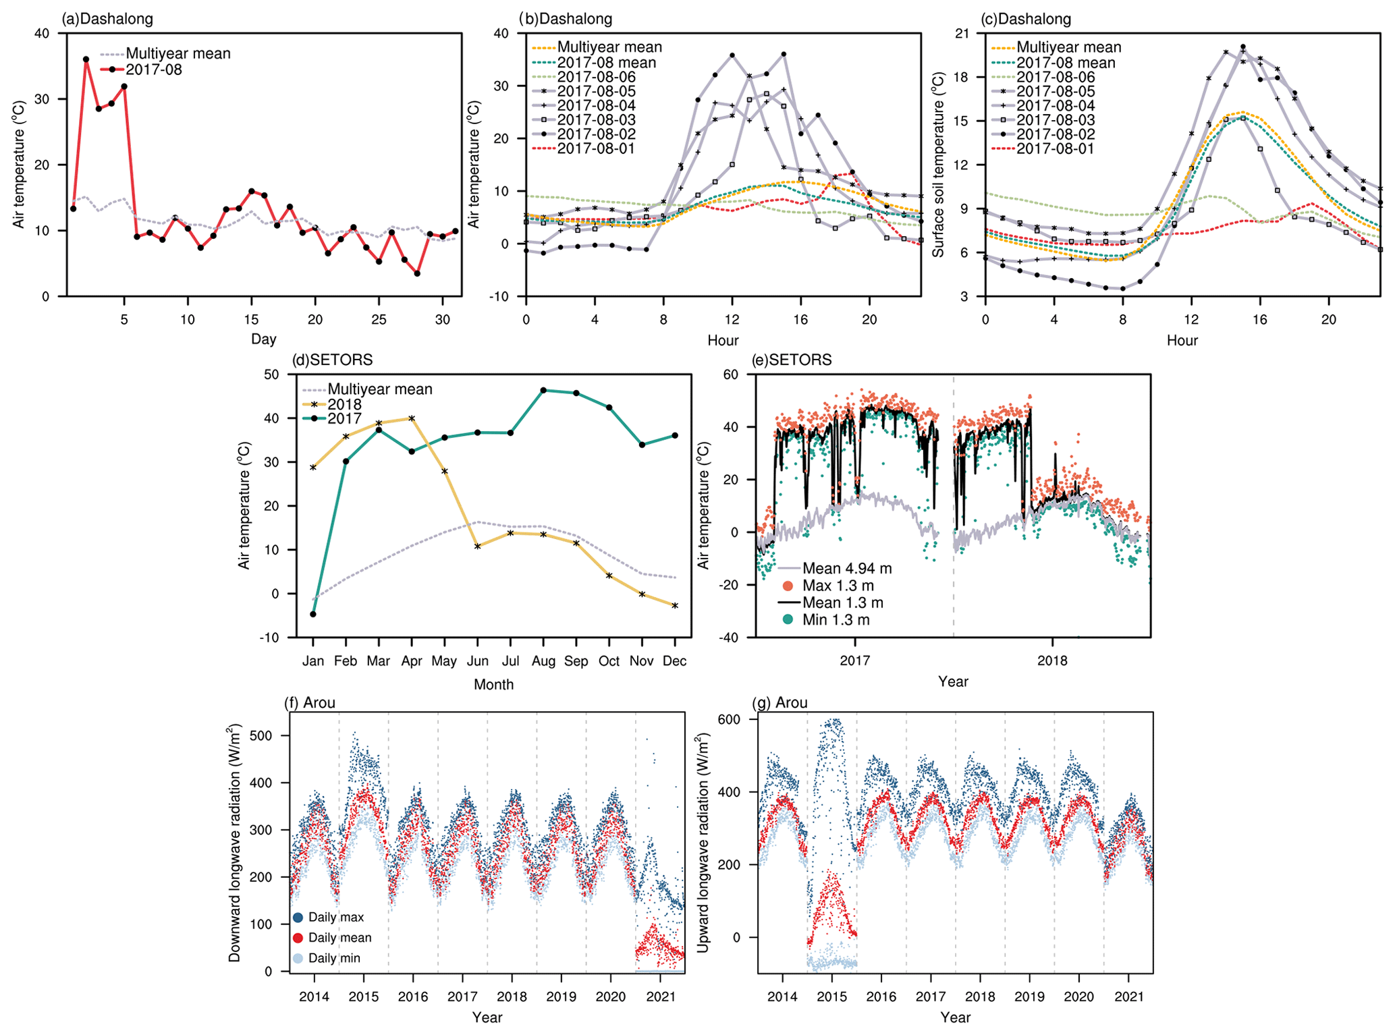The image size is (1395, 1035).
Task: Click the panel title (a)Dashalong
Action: point(107,19)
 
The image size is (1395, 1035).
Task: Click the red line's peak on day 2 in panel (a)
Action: point(86,59)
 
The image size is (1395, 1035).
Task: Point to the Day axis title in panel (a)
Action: point(263,339)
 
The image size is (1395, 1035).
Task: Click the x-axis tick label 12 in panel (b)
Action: point(732,319)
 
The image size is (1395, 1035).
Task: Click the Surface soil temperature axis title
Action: point(938,165)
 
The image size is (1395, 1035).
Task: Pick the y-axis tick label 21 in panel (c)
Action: point(961,34)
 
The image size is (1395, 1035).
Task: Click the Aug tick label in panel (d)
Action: point(543,661)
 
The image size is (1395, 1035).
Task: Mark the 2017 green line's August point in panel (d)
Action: point(543,391)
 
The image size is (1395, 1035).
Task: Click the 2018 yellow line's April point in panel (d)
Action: point(412,418)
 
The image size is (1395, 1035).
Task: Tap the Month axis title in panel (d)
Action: point(493,684)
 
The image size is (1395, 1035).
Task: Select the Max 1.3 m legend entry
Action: point(838,586)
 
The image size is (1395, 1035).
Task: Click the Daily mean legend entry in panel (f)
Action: point(339,938)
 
